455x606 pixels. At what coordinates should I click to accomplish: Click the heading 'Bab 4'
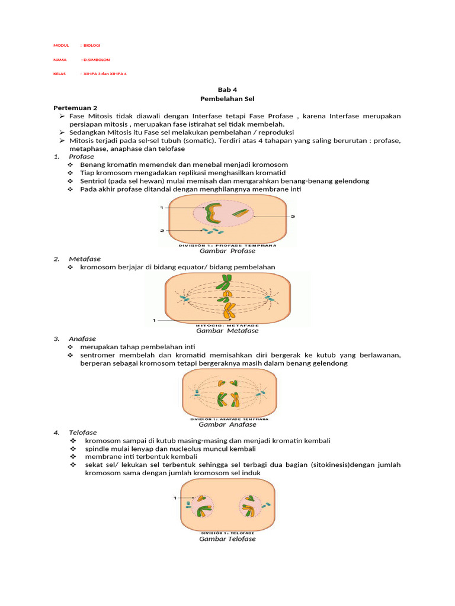[x=227, y=90]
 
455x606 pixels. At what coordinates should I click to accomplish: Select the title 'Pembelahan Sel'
[x=227, y=99]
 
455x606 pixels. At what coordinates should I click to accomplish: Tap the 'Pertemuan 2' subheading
[x=75, y=108]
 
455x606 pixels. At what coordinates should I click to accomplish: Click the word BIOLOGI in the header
[x=92, y=46]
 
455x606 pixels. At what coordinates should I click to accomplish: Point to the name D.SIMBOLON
[x=96, y=60]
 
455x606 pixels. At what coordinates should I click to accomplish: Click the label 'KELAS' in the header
[x=59, y=74]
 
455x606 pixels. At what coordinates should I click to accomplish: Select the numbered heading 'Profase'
[x=81, y=156]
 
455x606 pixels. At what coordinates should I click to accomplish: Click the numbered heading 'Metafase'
[x=85, y=259]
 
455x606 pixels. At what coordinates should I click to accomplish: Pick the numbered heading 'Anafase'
[x=82, y=339]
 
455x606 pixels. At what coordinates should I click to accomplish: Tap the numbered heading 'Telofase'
[x=83, y=433]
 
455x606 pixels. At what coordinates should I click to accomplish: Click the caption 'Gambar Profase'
[x=227, y=251]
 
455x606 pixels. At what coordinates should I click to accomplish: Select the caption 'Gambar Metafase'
[x=227, y=331]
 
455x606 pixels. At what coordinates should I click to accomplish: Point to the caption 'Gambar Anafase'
[x=227, y=424]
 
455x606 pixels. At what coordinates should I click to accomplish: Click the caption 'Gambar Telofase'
[x=227, y=539]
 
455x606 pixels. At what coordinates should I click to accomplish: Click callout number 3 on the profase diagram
[x=292, y=217]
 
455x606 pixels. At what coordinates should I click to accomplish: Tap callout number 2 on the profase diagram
[x=161, y=230]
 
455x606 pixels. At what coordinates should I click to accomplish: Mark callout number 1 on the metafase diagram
[x=154, y=320]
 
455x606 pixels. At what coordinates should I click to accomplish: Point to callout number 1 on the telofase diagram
[x=175, y=498]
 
